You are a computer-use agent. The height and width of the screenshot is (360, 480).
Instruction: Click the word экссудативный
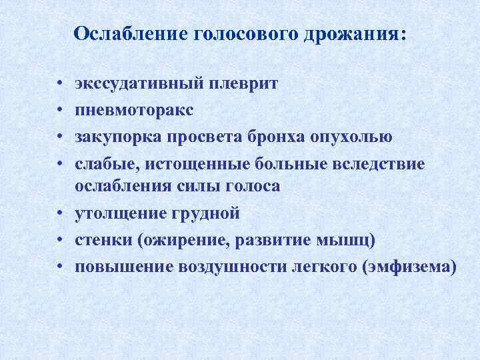click(141, 85)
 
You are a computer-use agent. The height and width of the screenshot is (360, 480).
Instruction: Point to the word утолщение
click(122, 214)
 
